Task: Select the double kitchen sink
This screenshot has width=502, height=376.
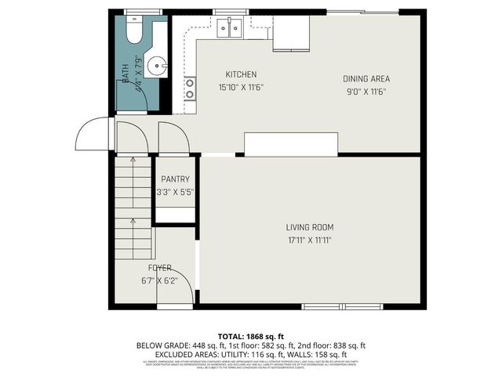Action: pyautogui.click(x=229, y=28)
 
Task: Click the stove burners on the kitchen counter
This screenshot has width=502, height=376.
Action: pyautogui.click(x=189, y=88)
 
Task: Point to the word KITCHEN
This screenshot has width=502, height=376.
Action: pyautogui.click(x=241, y=75)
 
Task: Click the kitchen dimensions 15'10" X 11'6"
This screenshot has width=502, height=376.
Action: pyautogui.click(x=241, y=88)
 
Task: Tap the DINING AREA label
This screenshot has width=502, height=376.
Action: pyautogui.click(x=366, y=78)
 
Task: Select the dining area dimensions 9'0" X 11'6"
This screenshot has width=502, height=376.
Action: pyautogui.click(x=366, y=92)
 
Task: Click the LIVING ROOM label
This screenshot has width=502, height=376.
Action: pyautogui.click(x=309, y=227)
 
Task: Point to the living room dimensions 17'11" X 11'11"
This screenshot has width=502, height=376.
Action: pyautogui.click(x=309, y=240)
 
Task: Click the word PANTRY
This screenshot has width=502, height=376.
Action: pyautogui.click(x=176, y=179)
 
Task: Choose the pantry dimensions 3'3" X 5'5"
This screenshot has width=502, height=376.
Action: pyautogui.click(x=176, y=192)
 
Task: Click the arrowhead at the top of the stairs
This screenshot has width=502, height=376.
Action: pyautogui.click(x=133, y=160)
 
